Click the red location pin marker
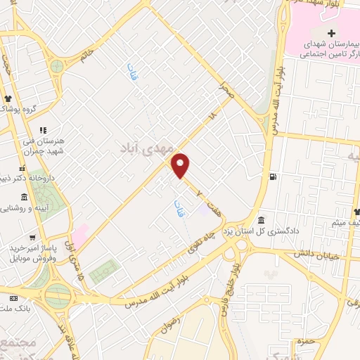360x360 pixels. pyautogui.click(x=181, y=165)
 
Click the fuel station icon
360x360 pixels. pyautogui.click(x=272, y=176)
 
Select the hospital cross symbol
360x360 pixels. pyautogui.click(x=331, y=34)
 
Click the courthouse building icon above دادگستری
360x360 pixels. pyautogui.click(x=261, y=219)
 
